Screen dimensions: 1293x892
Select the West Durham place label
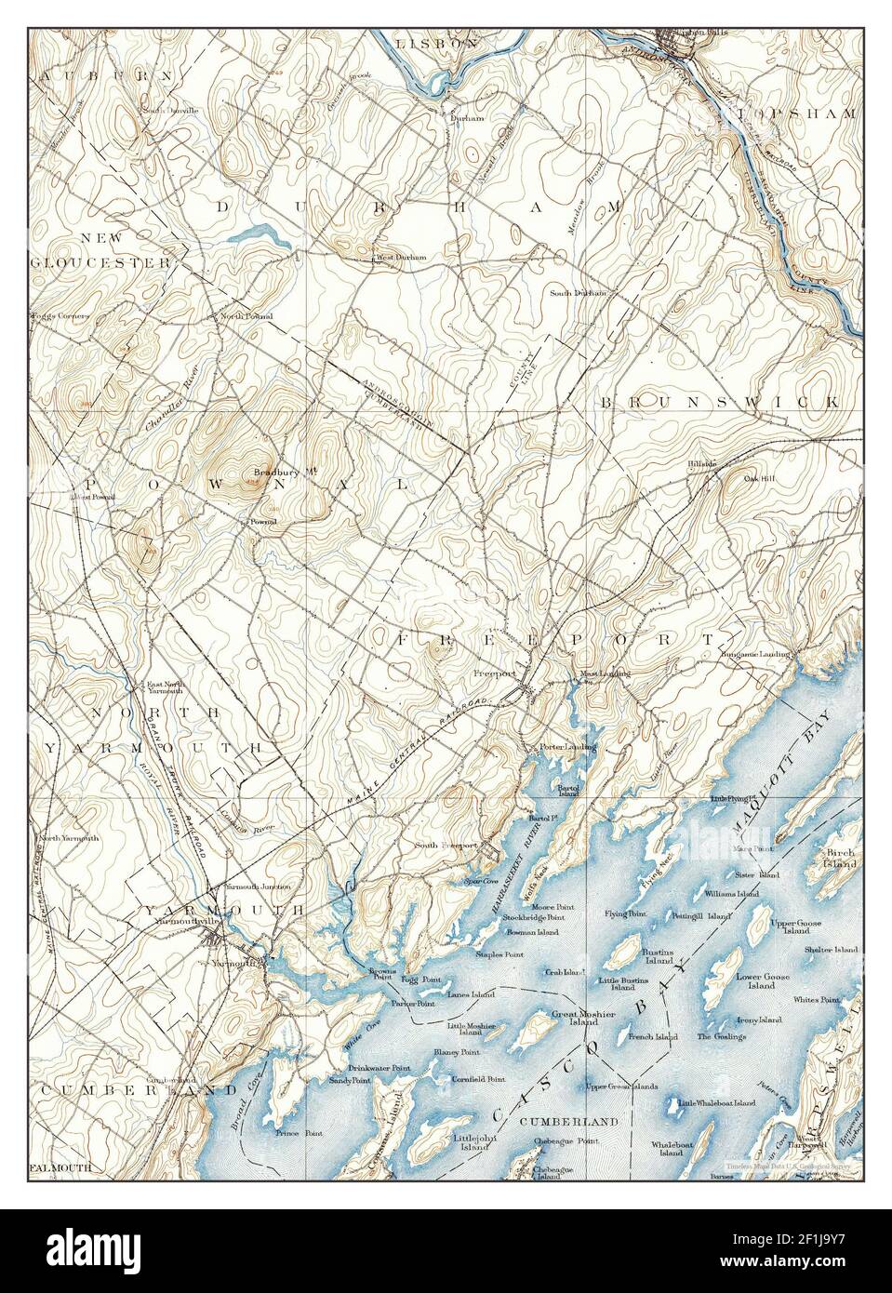[399, 258]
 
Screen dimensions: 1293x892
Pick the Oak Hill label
[759, 479]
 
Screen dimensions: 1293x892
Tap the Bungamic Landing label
[755, 655]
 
